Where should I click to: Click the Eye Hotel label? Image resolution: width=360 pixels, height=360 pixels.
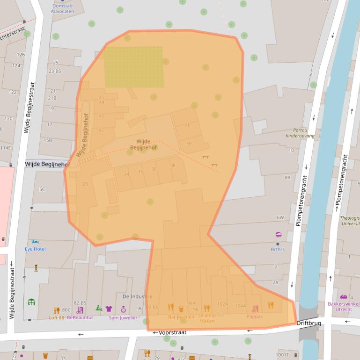click(x=35, y=249)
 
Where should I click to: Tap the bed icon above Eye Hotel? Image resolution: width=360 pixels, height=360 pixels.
click(x=35, y=242)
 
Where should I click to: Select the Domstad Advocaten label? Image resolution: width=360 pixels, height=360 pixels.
click(x=62, y=8)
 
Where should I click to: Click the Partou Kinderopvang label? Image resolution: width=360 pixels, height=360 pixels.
click(x=300, y=133)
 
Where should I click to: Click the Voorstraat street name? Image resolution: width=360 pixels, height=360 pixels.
click(x=172, y=332)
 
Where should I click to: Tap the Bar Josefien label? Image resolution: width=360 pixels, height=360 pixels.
click(x=181, y=317)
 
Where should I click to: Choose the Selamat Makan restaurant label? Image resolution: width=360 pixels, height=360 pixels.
click(x=207, y=318)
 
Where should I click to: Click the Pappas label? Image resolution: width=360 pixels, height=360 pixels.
click(x=255, y=317)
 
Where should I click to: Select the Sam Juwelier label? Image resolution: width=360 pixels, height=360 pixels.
click(x=123, y=318)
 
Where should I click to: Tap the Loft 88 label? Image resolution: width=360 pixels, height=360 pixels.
click(x=57, y=318)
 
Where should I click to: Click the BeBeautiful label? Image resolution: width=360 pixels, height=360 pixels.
click(x=80, y=318)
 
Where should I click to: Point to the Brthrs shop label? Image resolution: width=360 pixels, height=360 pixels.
click(x=278, y=249)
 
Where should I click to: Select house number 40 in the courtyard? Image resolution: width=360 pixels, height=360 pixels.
click(x=188, y=125)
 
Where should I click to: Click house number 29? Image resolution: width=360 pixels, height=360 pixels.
click(x=85, y=184)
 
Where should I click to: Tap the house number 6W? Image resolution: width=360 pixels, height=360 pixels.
click(x=280, y=217)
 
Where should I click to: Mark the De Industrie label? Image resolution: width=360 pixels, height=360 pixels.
click(x=137, y=296)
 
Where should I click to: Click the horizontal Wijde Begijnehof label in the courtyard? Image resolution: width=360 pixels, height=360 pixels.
click(x=143, y=144)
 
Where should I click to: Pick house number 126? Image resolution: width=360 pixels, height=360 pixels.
click(x=21, y=55)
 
